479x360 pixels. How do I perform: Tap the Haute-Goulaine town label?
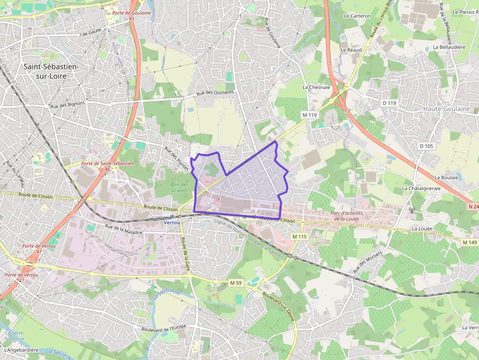pyautogui.click(x=446, y=108)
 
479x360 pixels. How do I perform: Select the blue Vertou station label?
pyautogui.click(x=172, y=222)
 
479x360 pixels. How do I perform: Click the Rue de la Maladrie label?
pyautogui.click(x=124, y=229)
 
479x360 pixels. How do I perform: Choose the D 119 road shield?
pyautogui.click(x=390, y=103)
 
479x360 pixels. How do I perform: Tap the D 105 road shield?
pyautogui.click(x=426, y=146)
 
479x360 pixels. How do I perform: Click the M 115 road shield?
pyautogui.click(x=299, y=236)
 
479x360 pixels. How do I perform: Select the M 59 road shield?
pyautogui.click(x=236, y=283)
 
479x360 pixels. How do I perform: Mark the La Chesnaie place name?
pyautogui.click(x=316, y=87)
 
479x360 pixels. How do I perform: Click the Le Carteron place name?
pyautogui.click(x=357, y=16)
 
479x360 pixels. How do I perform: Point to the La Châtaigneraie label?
pyautogui.click(x=421, y=188)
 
